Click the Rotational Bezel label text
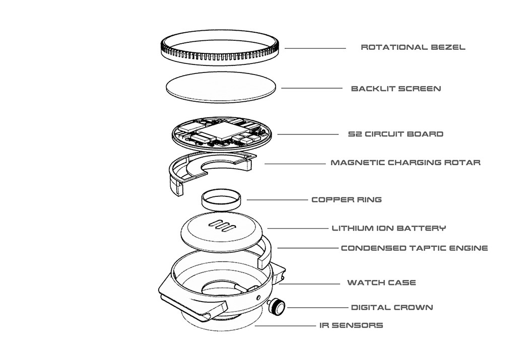pyautogui.click(x=413, y=47)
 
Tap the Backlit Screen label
pyautogui.click(x=396, y=89)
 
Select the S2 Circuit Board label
pyautogui.click(x=396, y=134)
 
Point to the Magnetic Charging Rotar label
pyautogui.click(x=406, y=163)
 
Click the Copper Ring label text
pyautogui.click(x=347, y=199)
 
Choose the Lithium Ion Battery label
pyautogui.click(x=388, y=228)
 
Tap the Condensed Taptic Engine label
pyautogui.click(x=414, y=248)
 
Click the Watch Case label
pyautogui.click(x=381, y=282)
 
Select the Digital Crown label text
pyautogui.click(x=391, y=307)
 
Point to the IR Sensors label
pyautogui.click(x=351, y=325)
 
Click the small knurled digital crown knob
pyautogui.click(x=277, y=305)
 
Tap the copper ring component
pyautogui.click(x=222, y=200)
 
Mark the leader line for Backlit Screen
pyautogui.click(x=311, y=89)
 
